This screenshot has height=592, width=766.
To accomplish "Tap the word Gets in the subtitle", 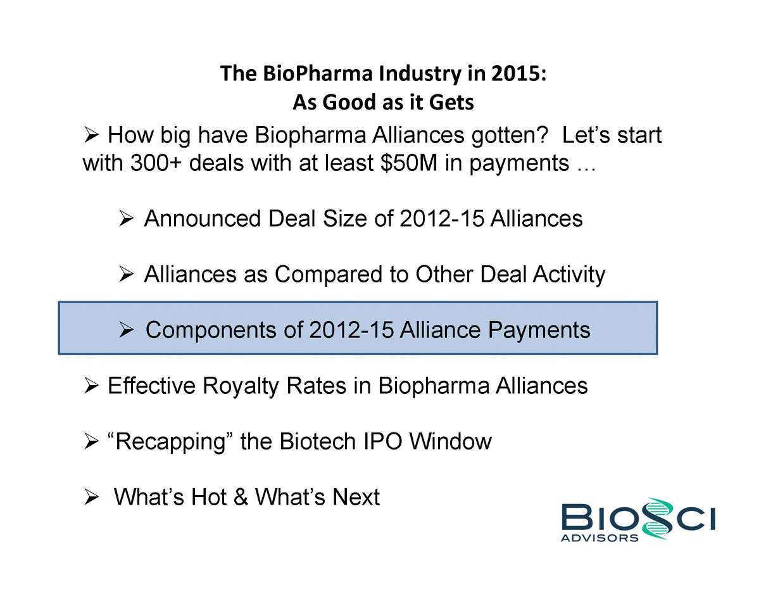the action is (x=451, y=102).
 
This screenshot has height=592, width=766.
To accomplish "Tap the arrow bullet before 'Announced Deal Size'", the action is (x=126, y=218).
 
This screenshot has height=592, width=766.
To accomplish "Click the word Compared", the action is (x=329, y=274).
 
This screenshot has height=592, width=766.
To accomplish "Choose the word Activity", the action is (x=569, y=275).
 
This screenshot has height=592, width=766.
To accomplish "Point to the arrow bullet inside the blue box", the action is (x=126, y=330).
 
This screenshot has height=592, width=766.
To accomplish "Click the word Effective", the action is (x=151, y=386).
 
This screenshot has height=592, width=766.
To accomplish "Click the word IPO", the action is (x=382, y=441).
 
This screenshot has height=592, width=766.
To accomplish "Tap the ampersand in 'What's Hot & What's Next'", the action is (x=241, y=497).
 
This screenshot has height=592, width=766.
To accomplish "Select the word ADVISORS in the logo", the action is (x=600, y=538).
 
